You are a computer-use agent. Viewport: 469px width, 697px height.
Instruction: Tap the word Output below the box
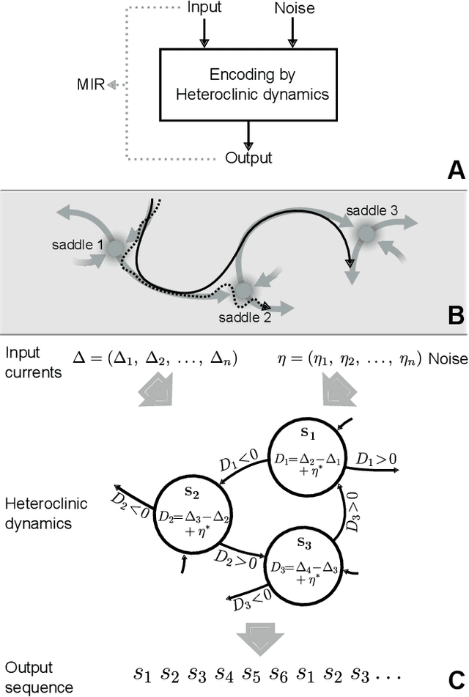[x=248, y=158]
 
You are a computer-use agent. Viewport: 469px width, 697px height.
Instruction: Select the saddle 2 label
[x=244, y=317]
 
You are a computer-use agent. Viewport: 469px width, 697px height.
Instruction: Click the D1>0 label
[x=376, y=459]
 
